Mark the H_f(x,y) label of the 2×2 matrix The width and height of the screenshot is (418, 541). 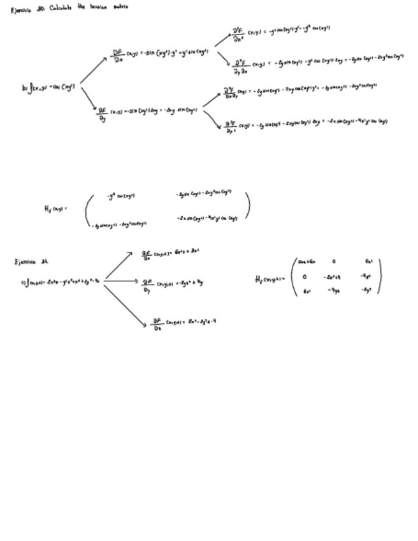pos(55,208)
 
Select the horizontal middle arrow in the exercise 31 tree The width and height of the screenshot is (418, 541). pos(122,279)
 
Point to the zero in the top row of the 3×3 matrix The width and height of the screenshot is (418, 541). pos(333,261)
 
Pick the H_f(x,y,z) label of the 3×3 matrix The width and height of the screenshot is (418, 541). pos(270,278)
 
